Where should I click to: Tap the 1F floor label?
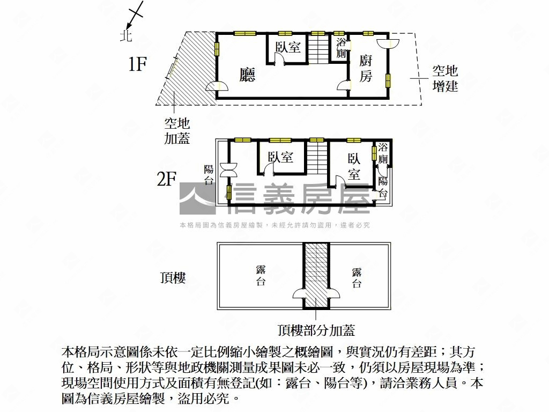(x=137, y=65)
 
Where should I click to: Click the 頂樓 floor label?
(x=173, y=278)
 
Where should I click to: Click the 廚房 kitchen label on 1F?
(x=366, y=68)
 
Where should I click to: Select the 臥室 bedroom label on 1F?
(x=288, y=47)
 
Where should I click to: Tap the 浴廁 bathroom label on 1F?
(x=341, y=48)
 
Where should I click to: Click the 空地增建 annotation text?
(x=445, y=78)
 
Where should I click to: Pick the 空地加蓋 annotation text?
(x=177, y=131)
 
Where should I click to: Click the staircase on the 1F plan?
(x=318, y=48)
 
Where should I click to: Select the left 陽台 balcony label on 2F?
(x=209, y=174)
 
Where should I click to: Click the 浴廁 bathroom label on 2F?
(x=383, y=153)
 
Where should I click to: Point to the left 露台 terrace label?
(x=261, y=275)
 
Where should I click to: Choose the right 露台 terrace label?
(x=357, y=278)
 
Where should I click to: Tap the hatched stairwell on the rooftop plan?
(x=316, y=268)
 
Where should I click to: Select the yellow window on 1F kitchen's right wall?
(x=388, y=80)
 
